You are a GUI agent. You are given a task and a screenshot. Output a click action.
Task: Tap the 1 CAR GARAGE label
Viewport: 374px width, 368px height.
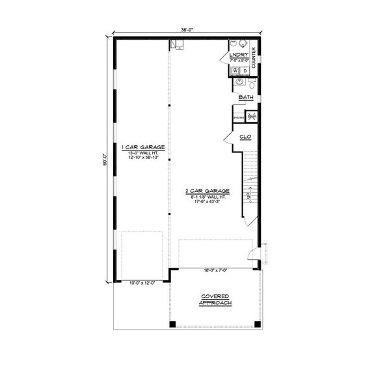[142, 147]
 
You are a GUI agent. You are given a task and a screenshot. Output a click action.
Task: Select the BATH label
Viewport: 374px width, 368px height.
[246, 98]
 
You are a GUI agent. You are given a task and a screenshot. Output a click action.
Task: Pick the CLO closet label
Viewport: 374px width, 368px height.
[246, 137]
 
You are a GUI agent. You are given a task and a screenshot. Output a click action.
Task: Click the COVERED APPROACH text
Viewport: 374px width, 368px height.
[215, 300]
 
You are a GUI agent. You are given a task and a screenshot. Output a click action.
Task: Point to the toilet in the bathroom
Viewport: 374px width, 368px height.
[252, 84]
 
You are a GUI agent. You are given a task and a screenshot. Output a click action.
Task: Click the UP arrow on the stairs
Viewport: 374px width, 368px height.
[249, 195]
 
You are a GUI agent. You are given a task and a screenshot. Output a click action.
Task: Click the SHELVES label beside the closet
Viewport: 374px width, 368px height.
[239, 117]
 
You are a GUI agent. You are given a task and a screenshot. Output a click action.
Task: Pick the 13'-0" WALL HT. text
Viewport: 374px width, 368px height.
[142, 153]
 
